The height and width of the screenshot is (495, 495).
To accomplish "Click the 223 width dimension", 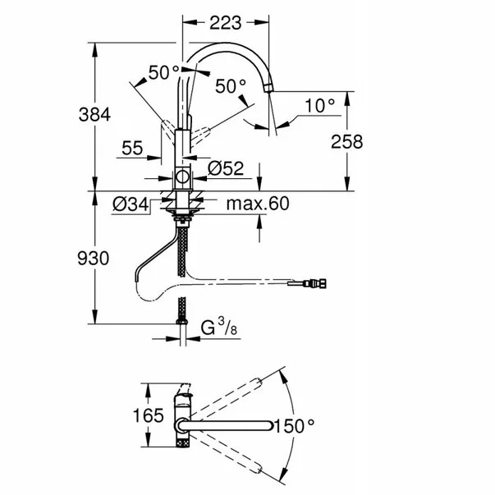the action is coord(226,23).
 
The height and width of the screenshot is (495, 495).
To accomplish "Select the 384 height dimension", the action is coord(94,114).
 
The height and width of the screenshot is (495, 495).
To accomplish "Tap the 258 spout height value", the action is coord(347,142).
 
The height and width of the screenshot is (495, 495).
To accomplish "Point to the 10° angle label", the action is coord(320,105).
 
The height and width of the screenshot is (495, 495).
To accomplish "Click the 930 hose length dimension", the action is coord(94,258).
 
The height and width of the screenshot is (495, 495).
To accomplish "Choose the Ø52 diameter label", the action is coord(226,168).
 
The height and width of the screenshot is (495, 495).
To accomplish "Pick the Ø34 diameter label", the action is coord(131,204).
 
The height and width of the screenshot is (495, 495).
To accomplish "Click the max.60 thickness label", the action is coord(258,204).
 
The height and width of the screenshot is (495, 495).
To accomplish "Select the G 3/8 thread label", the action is coord(219,327).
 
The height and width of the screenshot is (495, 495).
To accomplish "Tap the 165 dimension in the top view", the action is coord(149,415).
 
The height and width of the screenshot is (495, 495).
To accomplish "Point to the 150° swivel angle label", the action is coord(294,426).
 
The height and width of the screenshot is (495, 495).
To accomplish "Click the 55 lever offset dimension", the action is coord(132,148).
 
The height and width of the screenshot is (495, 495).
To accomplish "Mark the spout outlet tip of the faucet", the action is coord(268,89).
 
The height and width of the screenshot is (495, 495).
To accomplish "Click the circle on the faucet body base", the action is coord(182,176).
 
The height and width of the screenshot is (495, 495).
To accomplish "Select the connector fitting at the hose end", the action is coord(314,283).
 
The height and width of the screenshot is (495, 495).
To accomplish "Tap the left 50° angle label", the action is coord(164,72).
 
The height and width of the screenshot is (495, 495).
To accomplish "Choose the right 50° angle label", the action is coord(231,86).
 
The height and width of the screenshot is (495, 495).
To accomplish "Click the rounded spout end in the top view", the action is coord(270,425).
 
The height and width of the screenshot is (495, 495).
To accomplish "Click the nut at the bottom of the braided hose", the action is coord(182,322).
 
